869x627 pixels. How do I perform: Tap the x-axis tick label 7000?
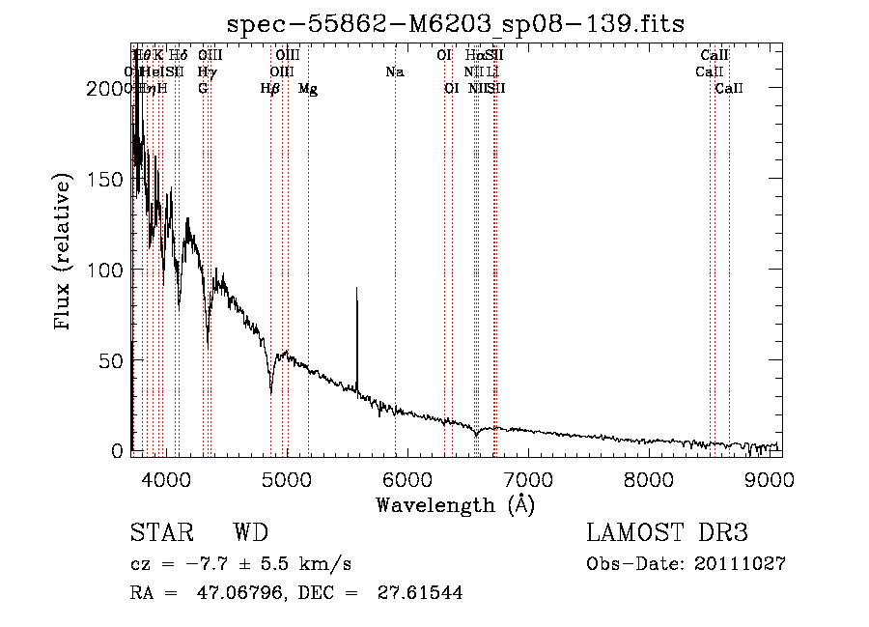(528, 480)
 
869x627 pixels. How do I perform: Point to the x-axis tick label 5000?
(286, 480)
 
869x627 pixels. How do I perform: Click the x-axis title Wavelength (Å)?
(455, 504)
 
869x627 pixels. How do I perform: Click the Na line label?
(394, 72)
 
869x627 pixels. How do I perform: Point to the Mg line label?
(308, 89)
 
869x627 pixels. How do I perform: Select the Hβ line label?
(270, 89)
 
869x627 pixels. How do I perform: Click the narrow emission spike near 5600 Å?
(357, 290)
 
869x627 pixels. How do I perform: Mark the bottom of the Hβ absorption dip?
(271, 392)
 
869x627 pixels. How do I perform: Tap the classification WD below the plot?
(250, 533)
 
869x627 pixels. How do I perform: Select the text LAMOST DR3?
(666, 533)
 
